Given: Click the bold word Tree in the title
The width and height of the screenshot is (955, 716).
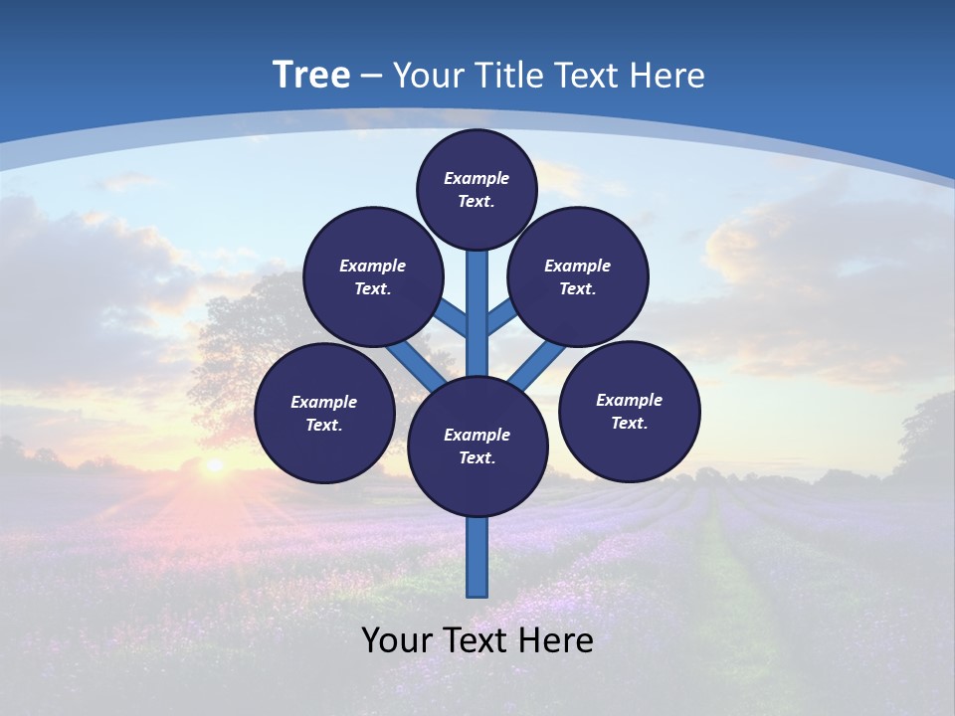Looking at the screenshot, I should click(x=311, y=76).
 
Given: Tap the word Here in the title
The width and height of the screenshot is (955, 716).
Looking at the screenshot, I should click(x=667, y=76).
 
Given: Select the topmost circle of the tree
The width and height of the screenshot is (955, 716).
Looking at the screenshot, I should click(x=477, y=189).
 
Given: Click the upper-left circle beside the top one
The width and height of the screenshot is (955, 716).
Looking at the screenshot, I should click(x=372, y=276).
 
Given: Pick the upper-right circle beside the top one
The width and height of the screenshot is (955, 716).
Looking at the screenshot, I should click(x=578, y=276).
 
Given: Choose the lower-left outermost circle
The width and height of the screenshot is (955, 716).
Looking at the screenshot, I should click(x=324, y=413).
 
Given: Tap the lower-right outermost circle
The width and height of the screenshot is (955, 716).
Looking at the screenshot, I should click(x=629, y=411).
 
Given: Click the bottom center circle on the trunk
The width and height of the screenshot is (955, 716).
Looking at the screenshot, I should click(x=477, y=447).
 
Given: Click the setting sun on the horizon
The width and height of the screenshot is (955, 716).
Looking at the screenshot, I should click(x=212, y=464).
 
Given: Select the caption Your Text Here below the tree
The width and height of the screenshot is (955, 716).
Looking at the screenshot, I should click(x=477, y=640).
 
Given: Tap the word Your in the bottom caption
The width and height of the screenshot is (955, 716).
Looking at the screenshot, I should click(x=396, y=640).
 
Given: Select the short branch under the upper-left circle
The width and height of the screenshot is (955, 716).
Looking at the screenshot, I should click(x=453, y=319).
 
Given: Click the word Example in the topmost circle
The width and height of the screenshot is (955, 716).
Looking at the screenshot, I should click(x=477, y=178).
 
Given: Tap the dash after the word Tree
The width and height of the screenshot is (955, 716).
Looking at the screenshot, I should click(x=371, y=76).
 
